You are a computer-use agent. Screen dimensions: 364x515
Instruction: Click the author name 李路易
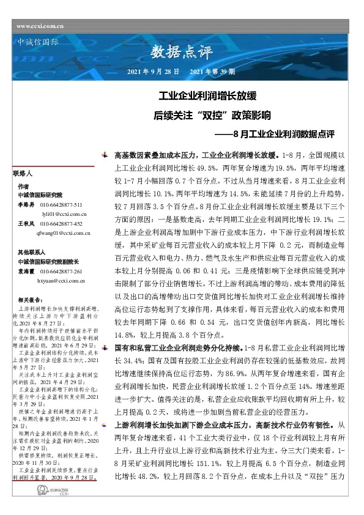(x=26, y=206)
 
